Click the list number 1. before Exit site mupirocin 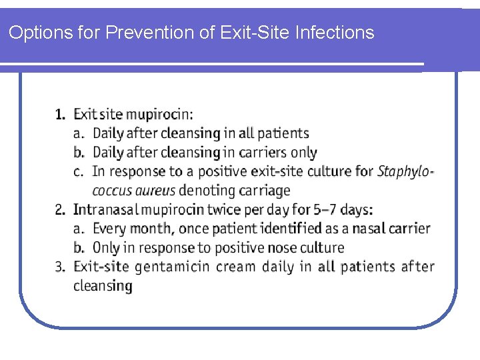pos(61,114)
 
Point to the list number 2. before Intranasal pos(61,210)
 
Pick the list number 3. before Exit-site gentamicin pos(61,267)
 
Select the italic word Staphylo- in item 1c pos(405,172)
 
